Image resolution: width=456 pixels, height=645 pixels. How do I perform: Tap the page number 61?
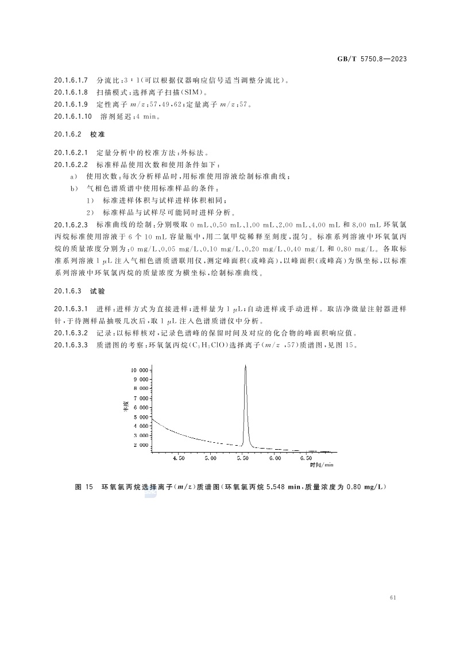coord(393,597)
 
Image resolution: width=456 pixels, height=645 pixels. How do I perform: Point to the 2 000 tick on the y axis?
coord(141,445)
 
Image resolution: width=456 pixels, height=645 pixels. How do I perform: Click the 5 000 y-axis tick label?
coord(141,417)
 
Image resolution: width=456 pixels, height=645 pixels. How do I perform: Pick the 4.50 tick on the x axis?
coord(179,459)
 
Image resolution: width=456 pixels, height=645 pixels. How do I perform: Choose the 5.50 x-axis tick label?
coord(243,459)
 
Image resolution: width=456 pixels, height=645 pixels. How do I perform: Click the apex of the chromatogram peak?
coord(246,365)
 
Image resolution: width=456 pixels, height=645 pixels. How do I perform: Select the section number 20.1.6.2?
coord(68,134)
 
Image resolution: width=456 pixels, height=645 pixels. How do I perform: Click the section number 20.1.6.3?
coord(68,292)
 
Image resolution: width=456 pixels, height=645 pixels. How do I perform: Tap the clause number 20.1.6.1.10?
coord(73,117)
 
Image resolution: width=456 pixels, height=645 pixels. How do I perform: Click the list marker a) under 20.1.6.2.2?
coord(74,176)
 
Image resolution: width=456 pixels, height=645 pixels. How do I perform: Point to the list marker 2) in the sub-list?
coord(90,212)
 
